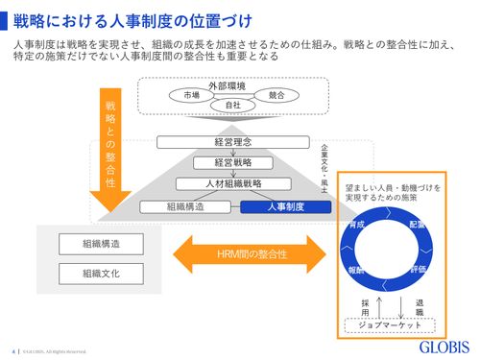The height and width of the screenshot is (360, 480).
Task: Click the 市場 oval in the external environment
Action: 191,96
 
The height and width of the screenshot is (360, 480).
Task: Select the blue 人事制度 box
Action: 278,205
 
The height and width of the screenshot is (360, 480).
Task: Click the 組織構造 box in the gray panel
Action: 101,243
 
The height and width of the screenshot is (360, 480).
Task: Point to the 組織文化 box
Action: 101,274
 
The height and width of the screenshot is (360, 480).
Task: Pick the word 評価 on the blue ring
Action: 419,271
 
